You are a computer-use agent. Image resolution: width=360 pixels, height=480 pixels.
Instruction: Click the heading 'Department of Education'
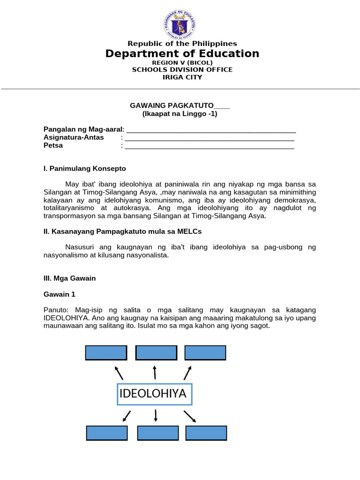pos(182,53)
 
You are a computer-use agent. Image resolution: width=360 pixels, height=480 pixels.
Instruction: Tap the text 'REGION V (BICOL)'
pos(182,62)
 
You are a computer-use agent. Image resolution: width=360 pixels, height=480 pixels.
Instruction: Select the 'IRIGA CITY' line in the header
pos(182,77)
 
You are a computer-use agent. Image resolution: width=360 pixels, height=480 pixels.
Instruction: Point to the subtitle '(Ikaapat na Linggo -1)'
pos(180,113)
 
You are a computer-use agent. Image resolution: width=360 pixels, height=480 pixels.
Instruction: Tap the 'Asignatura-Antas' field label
pos(74,137)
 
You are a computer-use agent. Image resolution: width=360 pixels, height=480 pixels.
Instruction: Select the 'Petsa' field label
pos(53,145)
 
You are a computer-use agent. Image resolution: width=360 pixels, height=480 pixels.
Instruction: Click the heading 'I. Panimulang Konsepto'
pos(84,168)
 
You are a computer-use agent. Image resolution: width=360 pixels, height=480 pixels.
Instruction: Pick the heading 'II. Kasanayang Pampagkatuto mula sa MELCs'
pos(122,231)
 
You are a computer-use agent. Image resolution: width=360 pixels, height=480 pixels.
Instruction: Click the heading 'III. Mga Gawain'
pos(69,278)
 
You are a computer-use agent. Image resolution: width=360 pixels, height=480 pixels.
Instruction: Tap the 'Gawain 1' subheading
pos(59,294)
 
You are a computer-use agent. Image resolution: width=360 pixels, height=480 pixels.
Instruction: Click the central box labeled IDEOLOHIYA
pos(154,394)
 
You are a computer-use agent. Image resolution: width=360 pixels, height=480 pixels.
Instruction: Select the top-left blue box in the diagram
pos(106,352)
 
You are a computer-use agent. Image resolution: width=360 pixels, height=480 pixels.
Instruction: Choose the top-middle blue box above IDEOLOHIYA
pos(156,352)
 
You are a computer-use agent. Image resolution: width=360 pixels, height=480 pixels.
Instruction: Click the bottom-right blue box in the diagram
pos(206,433)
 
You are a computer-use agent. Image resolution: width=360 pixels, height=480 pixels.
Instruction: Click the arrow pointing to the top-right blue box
pos(187,373)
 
